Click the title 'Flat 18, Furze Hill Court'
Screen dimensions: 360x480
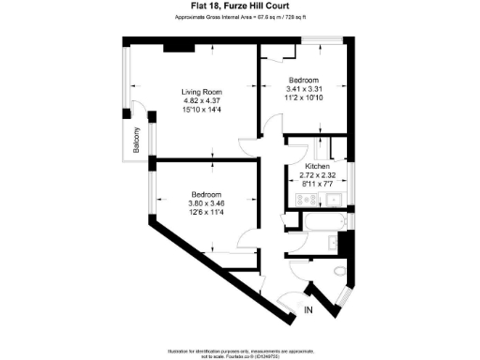[x=239, y=7]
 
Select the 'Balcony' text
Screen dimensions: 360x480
[x=137, y=140]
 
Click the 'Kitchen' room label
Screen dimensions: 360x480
[x=317, y=166]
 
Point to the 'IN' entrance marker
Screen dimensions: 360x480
[x=308, y=310]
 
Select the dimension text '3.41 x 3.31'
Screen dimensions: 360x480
[x=304, y=88]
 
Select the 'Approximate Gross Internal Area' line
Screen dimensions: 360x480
[x=239, y=17]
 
